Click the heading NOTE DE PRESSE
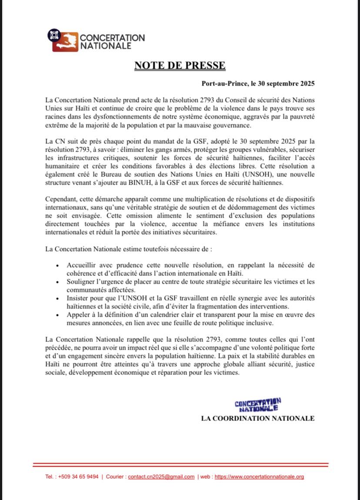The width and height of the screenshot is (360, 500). coord(180,66)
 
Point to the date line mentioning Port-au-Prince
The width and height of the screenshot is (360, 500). coord(258,83)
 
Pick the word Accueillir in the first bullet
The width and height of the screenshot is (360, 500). coord(82,265)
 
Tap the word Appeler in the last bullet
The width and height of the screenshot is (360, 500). coord(79,315)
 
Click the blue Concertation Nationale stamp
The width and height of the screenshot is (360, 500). coord(257,404)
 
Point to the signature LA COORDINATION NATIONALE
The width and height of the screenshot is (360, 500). coord(257,418)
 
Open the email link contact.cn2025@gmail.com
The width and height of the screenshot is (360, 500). coord(161,477)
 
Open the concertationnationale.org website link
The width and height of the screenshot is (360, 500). coord(259,477)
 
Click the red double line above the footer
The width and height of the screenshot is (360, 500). coord(180,464)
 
